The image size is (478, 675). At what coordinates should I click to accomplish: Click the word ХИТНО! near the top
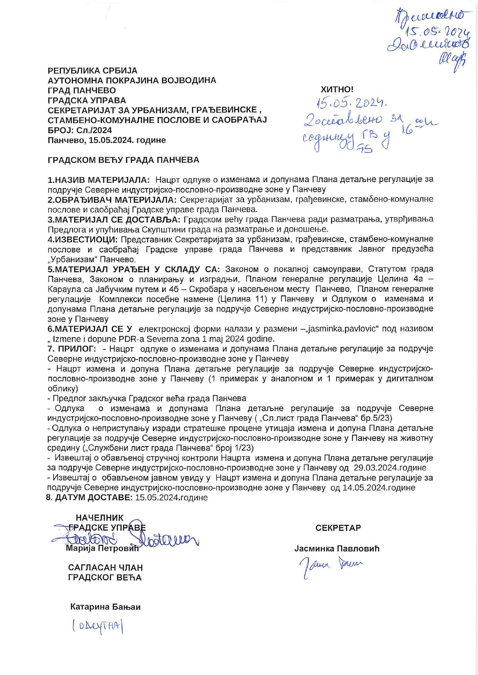337,90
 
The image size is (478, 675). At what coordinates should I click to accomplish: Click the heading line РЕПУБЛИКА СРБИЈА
92,71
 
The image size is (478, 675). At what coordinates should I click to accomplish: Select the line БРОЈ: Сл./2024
80,130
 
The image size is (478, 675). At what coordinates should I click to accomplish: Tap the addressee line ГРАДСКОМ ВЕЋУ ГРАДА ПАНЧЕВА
123,160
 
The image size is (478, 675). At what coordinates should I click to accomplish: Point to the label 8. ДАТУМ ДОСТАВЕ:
89,498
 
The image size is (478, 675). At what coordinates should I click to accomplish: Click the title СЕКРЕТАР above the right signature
338,528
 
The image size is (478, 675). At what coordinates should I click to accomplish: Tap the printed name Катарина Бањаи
105,607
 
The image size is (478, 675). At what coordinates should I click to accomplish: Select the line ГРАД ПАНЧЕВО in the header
81,91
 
